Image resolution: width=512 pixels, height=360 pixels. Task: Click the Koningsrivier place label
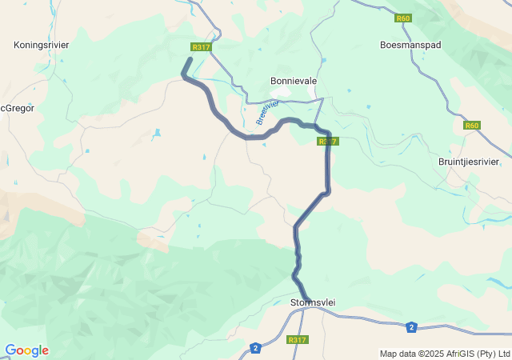pos(42,45)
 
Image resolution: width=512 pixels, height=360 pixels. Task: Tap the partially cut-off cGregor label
pos(18,108)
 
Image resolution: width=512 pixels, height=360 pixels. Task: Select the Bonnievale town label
pos(294,82)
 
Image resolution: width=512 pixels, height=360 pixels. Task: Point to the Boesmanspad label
pos(410,45)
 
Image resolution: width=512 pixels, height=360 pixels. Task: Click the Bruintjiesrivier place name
pos(469,161)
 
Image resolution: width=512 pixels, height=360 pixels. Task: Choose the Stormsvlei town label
pos(312,302)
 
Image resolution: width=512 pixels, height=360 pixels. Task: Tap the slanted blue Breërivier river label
pos(267,113)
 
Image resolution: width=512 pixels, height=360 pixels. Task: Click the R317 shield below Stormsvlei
pos(297,340)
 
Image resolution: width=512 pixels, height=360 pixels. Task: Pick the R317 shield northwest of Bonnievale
pos(201,47)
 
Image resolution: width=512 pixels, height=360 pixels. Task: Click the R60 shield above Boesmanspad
pos(402,17)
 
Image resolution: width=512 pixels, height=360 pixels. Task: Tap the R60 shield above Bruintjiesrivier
pos(473,126)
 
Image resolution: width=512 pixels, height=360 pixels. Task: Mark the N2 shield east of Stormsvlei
pos(411,326)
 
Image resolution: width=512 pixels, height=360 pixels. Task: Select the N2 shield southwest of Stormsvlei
pos(255,347)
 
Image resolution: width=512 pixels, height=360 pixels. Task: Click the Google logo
pos(26,350)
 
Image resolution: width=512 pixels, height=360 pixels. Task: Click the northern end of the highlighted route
pos(190,59)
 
